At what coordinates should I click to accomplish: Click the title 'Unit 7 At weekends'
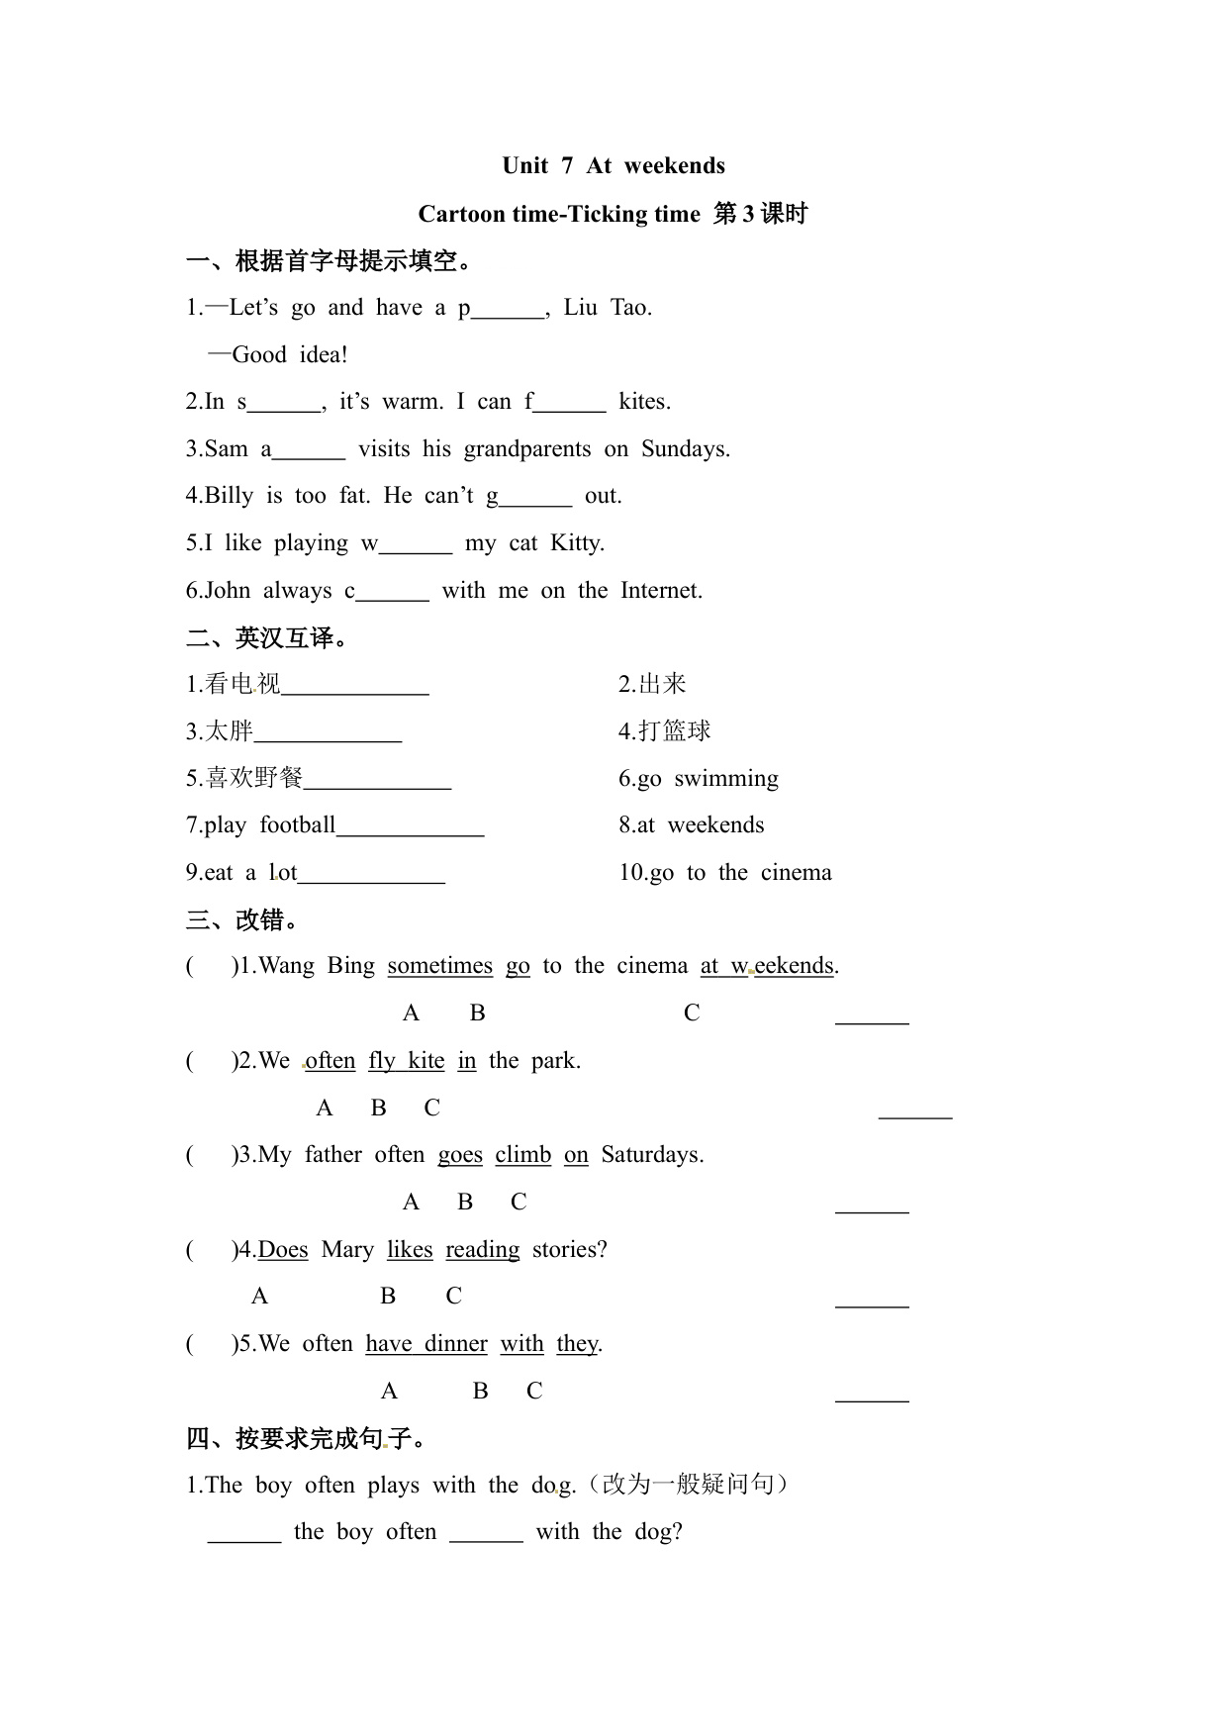click(x=613, y=165)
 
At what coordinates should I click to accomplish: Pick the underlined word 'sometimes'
click(x=439, y=966)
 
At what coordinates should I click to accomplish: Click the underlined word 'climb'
click(x=522, y=1155)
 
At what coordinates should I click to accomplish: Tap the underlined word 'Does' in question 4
click(x=283, y=1250)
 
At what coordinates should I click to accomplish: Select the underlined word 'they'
click(x=577, y=1344)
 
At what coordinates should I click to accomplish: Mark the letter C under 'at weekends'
click(x=692, y=1013)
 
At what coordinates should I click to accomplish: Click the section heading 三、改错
click(x=242, y=920)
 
